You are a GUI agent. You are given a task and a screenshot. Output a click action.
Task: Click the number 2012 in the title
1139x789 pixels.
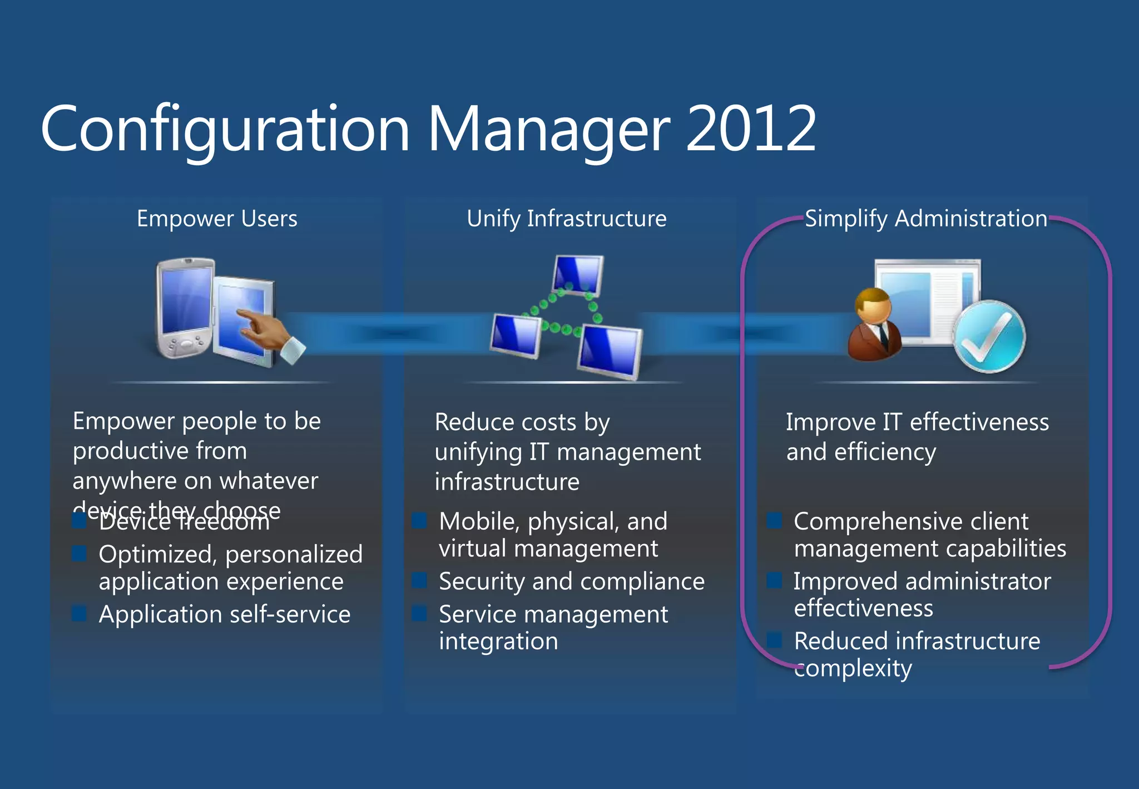pyautogui.click(x=751, y=129)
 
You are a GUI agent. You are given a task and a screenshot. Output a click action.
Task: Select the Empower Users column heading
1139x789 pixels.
pyautogui.click(x=217, y=219)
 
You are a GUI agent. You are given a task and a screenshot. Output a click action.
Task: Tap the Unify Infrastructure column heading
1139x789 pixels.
pyautogui.click(x=566, y=219)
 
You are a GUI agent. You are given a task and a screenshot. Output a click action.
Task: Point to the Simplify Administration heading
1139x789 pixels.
pyautogui.click(x=925, y=219)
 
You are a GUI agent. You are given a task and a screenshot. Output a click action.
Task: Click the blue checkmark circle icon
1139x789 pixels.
pyautogui.click(x=989, y=337)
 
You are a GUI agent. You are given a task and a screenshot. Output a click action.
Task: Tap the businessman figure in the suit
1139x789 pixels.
pyautogui.click(x=875, y=326)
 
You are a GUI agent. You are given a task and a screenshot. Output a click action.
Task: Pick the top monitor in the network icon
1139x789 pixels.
pyautogui.click(x=578, y=275)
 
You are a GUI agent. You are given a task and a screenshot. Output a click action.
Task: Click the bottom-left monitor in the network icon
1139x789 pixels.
pyautogui.click(x=515, y=335)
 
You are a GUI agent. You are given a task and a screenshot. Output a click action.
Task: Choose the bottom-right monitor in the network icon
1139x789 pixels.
pyautogui.click(x=610, y=351)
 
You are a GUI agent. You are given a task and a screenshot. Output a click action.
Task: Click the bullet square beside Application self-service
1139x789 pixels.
pyautogui.click(x=80, y=614)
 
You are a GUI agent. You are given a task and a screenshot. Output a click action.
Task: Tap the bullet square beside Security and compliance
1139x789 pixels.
pyautogui.click(x=419, y=581)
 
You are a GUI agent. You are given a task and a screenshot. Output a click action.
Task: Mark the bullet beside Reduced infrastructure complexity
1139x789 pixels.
pyautogui.click(x=774, y=640)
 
